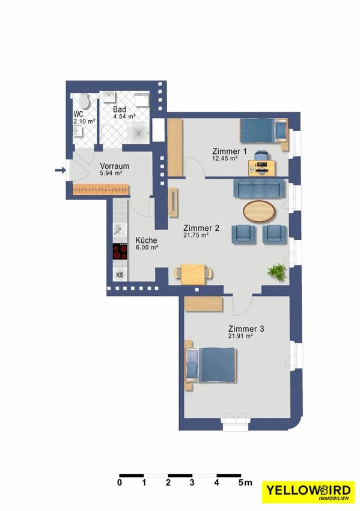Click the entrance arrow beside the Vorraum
click(x=60, y=170)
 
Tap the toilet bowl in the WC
click(x=85, y=102)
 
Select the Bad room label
click(x=120, y=109)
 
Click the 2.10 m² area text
click(x=84, y=121)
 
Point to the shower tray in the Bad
click(x=139, y=132)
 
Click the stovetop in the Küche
click(x=120, y=251)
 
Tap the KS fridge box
click(x=120, y=275)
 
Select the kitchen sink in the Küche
click(x=120, y=230)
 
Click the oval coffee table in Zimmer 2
click(x=259, y=212)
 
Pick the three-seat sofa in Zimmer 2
click(x=259, y=189)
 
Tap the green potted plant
click(x=277, y=271)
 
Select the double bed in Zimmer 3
click(x=211, y=365)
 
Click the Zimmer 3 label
click(x=246, y=329)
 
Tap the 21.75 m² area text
click(x=196, y=235)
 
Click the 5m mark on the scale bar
click(x=245, y=482)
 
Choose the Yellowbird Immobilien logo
click(x=308, y=492)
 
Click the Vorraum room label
click(x=114, y=166)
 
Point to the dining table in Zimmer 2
click(x=194, y=274)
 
